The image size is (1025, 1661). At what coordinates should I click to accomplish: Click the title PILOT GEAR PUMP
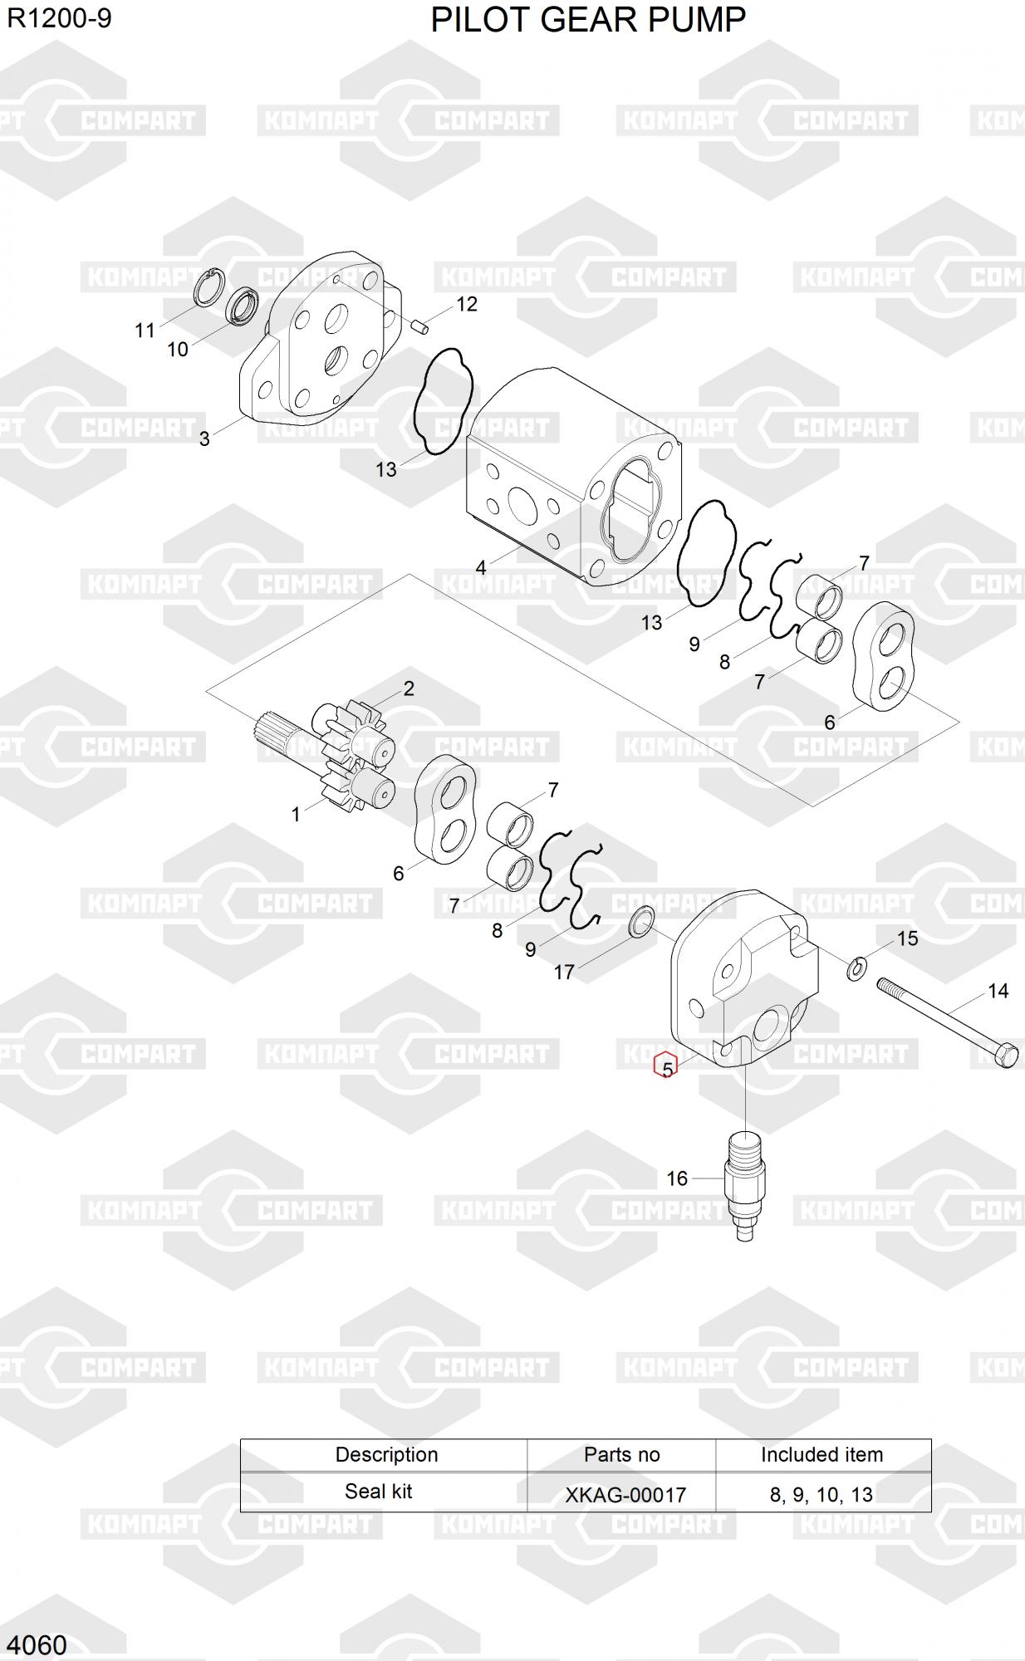(x=588, y=20)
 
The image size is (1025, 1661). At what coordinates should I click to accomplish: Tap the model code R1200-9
(x=59, y=18)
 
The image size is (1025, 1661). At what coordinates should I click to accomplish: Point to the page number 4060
(x=37, y=1644)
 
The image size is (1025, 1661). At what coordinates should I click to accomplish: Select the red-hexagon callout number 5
(x=666, y=1067)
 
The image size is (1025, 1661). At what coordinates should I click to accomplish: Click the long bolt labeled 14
(x=948, y=1022)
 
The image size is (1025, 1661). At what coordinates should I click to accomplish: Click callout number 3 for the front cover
(x=204, y=439)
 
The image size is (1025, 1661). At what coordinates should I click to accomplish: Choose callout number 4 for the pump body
(x=480, y=568)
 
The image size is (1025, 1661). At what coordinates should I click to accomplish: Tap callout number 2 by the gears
(x=409, y=688)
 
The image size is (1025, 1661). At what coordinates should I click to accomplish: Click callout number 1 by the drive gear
(x=296, y=815)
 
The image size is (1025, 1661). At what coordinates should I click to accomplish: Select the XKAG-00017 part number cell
(x=625, y=1495)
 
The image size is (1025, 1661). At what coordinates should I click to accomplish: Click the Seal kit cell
(x=379, y=1492)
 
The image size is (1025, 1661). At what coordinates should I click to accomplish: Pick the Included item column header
(x=821, y=1454)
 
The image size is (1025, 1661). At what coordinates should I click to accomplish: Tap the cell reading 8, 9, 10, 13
(x=821, y=1495)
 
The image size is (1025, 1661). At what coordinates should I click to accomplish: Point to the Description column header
(x=386, y=1454)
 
